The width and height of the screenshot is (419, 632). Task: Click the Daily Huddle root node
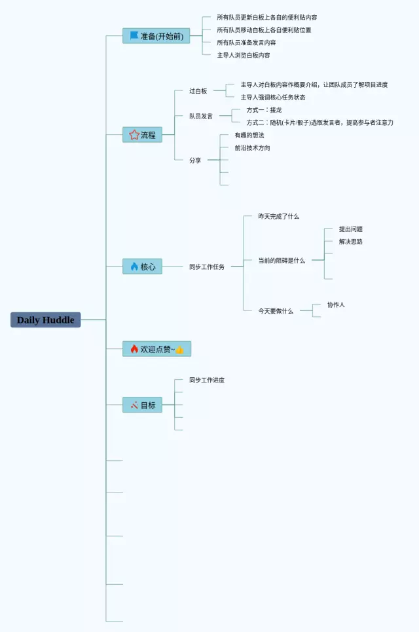point(45,320)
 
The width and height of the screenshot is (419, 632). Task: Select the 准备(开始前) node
point(156,36)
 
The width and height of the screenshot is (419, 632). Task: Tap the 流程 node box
point(142,135)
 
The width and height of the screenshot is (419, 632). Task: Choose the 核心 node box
point(142,267)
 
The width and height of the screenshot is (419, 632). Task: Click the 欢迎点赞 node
point(156,349)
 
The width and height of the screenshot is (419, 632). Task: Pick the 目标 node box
point(142,405)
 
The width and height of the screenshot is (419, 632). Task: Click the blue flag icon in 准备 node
point(134,36)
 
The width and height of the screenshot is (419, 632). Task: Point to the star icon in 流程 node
point(134,135)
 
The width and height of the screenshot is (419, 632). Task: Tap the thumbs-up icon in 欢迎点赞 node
point(179,350)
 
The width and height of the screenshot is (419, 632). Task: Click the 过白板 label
point(198,91)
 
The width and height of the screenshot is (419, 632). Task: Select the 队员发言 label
point(201,116)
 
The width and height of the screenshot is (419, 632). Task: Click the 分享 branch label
point(195,160)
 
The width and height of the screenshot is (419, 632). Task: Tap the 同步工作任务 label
point(207,267)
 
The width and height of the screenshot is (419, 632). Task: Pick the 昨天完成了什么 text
point(278,216)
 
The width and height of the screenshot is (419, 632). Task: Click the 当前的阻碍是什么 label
point(282,260)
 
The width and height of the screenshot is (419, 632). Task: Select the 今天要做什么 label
point(276,310)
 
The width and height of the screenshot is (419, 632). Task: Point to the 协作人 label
point(336,305)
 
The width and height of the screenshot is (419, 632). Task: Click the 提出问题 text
point(351,229)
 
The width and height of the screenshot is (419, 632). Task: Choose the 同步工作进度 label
point(207,380)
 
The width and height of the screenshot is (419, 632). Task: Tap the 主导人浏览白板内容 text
point(244,55)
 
